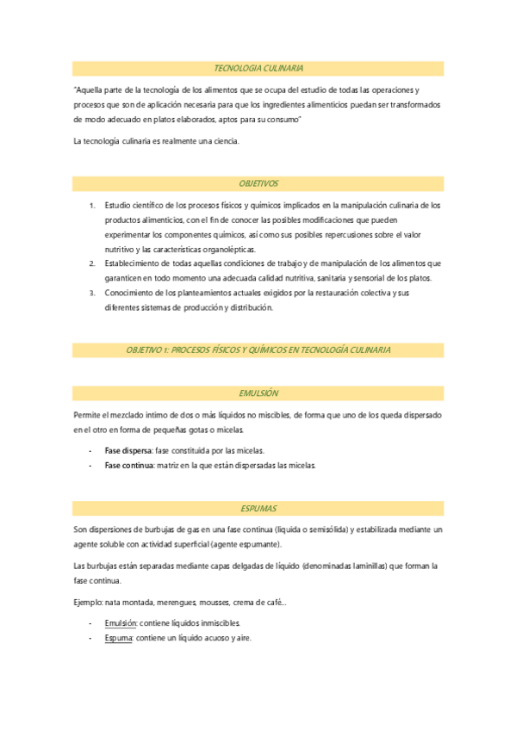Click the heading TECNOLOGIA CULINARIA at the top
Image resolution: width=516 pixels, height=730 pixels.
pyautogui.click(x=258, y=67)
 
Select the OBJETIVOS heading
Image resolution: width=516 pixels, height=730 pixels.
pyautogui.click(x=258, y=183)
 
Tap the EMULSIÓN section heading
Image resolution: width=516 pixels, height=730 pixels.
pyautogui.click(x=258, y=393)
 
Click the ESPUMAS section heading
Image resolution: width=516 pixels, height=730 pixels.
pyautogui.click(x=258, y=509)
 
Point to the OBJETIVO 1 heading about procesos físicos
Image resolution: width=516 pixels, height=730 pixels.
pyautogui.click(x=258, y=350)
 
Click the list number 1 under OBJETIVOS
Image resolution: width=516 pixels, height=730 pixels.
pyautogui.click(x=92, y=205)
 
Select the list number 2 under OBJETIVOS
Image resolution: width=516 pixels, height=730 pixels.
pyautogui.click(x=92, y=263)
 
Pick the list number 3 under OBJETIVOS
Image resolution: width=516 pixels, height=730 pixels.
pyautogui.click(x=92, y=293)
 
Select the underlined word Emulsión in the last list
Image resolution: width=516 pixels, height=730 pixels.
pyautogui.click(x=121, y=622)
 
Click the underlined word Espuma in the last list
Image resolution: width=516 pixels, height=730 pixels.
pyautogui.click(x=119, y=638)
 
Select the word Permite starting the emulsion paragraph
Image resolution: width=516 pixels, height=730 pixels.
pyautogui.click(x=89, y=415)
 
